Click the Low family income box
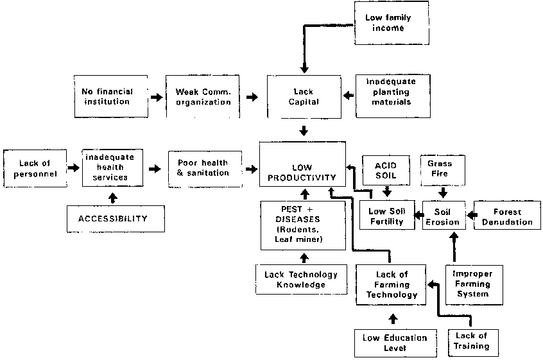[388, 23]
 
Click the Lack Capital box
[304, 96]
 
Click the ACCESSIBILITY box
[113, 219]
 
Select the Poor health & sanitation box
[202, 168]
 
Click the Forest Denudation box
[507, 216]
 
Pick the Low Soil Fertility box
[386, 216]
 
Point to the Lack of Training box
[471, 341]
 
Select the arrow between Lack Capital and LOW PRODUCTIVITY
[304, 132]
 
